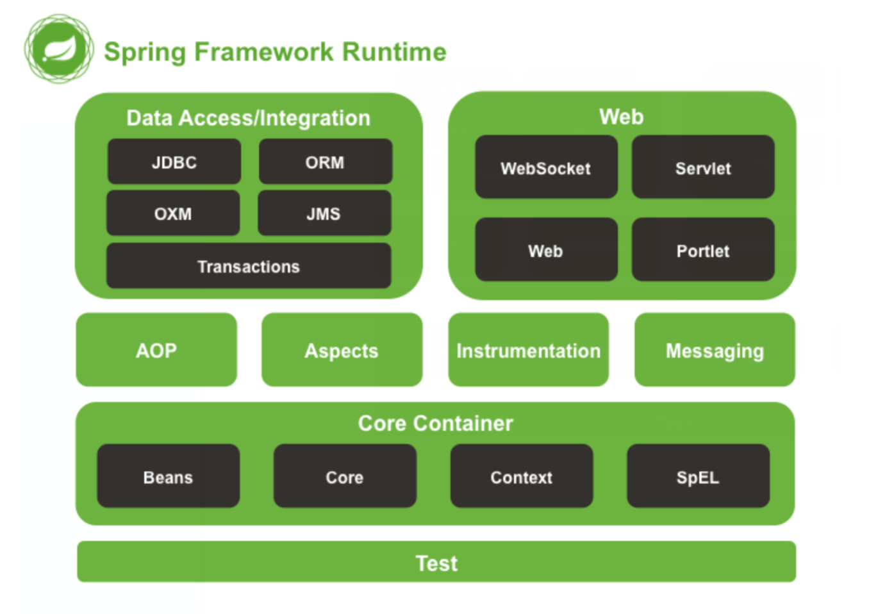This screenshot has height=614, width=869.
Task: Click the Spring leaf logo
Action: click(x=58, y=49)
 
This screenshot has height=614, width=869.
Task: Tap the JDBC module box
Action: click(x=174, y=162)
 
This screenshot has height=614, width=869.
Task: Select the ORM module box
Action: click(x=325, y=162)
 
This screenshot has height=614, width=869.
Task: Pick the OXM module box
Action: click(x=173, y=213)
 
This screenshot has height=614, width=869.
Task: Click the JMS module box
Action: click(x=324, y=213)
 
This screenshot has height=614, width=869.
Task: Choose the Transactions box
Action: click(x=249, y=265)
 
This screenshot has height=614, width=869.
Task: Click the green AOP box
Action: click(x=156, y=349)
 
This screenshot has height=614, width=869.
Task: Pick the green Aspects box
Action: click(x=342, y=349)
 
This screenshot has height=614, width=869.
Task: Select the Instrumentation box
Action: click(x=528, y=349)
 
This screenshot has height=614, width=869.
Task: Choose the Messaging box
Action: click(x=715, y=349)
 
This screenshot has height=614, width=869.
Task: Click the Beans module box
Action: click(x=168, y=476)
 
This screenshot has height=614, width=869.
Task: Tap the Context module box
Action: click(x=521, y=476)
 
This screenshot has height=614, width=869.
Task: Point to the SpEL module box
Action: click(x=698, y=476)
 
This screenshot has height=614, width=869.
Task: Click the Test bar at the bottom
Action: click(x=436, y=562)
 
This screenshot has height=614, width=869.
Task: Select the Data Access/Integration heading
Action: click(x=248, y=118)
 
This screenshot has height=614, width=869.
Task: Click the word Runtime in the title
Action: click(x=394, y=52)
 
